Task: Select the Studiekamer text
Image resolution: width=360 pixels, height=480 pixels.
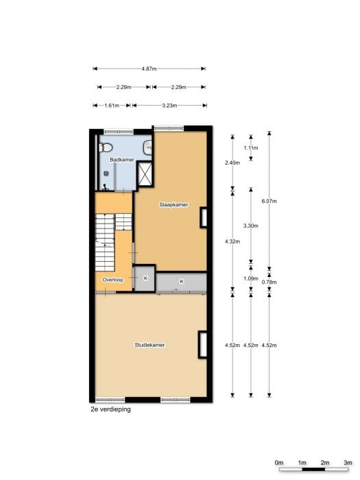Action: click(149, 345)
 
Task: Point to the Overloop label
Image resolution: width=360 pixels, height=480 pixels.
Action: click(112, 280)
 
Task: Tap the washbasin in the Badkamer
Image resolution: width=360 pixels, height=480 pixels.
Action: click(147, 147)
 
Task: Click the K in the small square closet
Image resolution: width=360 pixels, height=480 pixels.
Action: click(145, 278)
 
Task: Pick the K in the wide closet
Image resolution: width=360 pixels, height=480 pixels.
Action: click(181, 282)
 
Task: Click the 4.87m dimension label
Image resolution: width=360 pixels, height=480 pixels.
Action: click(149, 69)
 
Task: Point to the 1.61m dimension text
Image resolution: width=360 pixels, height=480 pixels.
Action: click(112, 106)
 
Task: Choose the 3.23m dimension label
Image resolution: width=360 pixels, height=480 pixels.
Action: click(169, 106)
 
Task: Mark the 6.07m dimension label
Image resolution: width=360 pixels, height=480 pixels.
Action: click(269, 201)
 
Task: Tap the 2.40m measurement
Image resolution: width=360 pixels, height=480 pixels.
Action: click(232, 163)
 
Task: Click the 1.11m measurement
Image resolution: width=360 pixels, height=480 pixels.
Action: click(251, 148)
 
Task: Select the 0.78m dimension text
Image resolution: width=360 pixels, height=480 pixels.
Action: click(269, 282)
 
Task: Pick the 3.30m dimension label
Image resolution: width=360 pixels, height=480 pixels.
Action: click(251, 226)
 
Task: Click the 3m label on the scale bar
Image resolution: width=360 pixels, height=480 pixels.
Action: click(348, 462)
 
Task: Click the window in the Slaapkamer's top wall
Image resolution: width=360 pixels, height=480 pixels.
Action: click(168, 128)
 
